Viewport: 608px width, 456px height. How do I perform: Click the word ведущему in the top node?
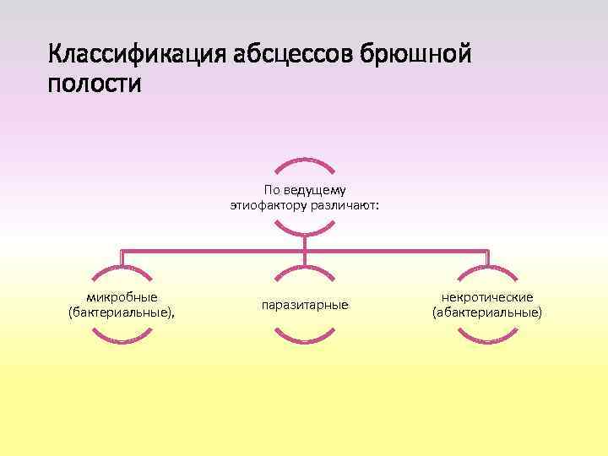(322, 190)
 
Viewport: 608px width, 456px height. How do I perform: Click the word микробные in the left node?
(122, 297)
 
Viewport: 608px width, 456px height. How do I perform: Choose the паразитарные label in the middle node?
(305, 304)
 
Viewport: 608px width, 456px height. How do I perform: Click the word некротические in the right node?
(487, 297)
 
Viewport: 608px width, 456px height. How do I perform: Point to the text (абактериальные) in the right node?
(487, 312)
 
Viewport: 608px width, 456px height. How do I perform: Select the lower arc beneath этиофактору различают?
(305, 231)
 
